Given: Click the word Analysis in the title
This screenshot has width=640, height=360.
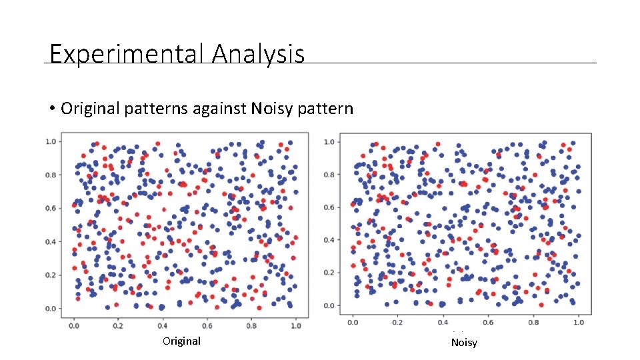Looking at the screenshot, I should tap(258, 53).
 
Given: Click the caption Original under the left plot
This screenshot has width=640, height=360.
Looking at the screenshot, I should tap(181, 341).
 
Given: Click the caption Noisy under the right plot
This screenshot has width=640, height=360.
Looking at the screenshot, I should tap(464, 343).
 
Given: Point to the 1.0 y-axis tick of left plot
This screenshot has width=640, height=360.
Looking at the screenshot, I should tap(50, 141).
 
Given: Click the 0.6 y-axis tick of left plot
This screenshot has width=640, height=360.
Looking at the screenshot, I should tap(50, 208).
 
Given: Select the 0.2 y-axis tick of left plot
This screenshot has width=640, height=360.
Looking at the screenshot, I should tap(50, 275).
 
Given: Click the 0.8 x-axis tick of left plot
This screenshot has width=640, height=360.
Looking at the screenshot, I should tap(251, 325).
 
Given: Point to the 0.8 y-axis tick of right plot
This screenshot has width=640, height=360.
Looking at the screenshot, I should tap(329, 175).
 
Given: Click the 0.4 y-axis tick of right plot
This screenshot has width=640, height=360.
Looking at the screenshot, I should tap(329, 240).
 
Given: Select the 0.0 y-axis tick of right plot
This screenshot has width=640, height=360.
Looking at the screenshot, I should tap(329, 306).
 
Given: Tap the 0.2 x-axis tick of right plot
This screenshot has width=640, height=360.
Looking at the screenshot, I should tap(398, 323).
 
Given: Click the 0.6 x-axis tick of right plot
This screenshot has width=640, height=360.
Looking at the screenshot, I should tap(488, 323).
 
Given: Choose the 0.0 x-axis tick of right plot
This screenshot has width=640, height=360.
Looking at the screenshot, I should tap(353, 323).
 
